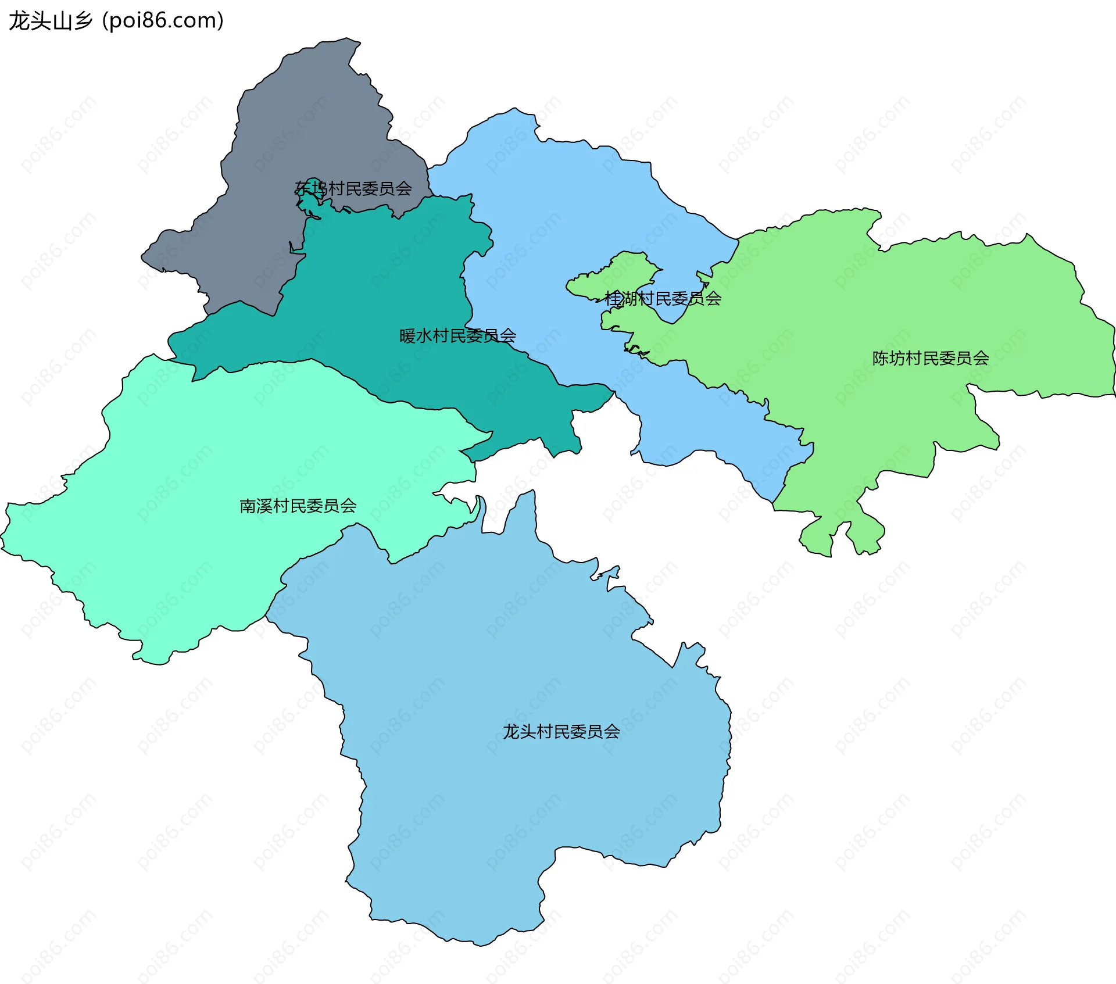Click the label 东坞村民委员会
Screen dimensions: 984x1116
tap(353, 188)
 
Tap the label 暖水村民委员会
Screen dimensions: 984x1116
tap(457, 336)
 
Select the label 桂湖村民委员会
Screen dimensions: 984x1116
tap(663, 299)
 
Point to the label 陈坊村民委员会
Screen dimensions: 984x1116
tap(931, 358)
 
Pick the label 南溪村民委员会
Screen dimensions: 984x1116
tap(298, 506)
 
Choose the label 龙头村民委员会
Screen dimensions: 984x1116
tap(561, 731)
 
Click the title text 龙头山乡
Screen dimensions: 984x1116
tap(51, 21)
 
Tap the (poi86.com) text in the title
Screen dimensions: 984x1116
tap(163, 21)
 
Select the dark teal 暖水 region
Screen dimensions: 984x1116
tap(378, 291)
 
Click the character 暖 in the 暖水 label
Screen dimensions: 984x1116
tap(407, 336)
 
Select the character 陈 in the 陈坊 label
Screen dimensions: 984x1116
tap(881, 358)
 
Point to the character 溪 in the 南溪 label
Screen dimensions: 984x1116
tap(264, 506)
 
